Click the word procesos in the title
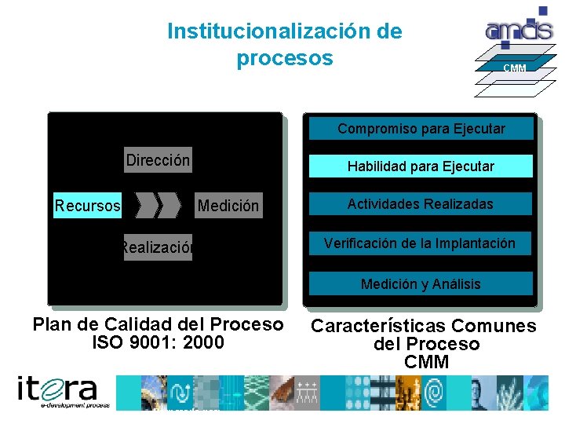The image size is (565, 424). click(x=284, y=58)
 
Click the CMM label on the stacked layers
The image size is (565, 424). click(x=515, y=68)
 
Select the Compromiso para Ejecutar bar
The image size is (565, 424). click(x=421, y=128)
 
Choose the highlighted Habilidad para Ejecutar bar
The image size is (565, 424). click(x=421, y=166)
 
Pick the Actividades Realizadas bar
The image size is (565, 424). click(x=421, y=204)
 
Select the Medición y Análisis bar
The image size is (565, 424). click(x=421, y=283)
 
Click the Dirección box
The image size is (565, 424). click(x=158, y=161)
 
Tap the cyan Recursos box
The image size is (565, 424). click(x=88, y=206)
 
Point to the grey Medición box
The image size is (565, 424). click(x=228, y=206)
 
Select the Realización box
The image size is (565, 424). click(x=157, y=247)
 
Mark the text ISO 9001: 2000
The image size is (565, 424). click(x=158, y=342)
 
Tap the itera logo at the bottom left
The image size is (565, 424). click(x=63, y=392)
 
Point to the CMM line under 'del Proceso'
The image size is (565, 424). click(x=426, y=362)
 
